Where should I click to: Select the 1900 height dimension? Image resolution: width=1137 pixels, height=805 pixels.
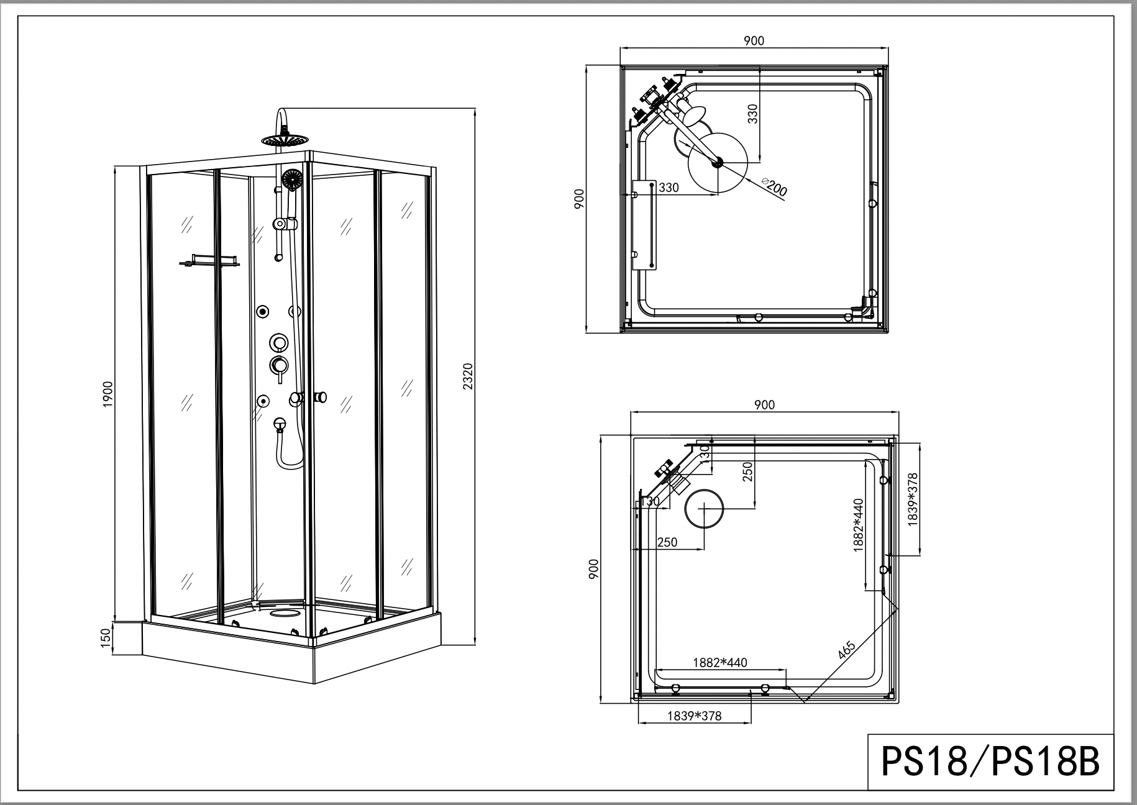pos(107,394)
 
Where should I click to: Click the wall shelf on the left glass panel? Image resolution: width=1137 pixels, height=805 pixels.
pos(209,260)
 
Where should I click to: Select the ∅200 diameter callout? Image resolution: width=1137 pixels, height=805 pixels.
pos(774,186)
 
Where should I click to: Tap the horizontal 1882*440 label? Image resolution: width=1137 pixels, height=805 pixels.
pos(720,663)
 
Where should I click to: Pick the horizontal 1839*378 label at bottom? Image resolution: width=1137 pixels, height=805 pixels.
pos(695,716)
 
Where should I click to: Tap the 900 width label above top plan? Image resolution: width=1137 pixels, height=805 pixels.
pos(754,41)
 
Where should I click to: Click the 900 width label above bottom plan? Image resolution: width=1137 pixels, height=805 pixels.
pos(764,404)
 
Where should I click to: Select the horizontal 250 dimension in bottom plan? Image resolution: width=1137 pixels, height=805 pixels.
pos(667,542)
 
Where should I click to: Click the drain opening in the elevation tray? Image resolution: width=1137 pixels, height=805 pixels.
pos(285,614)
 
